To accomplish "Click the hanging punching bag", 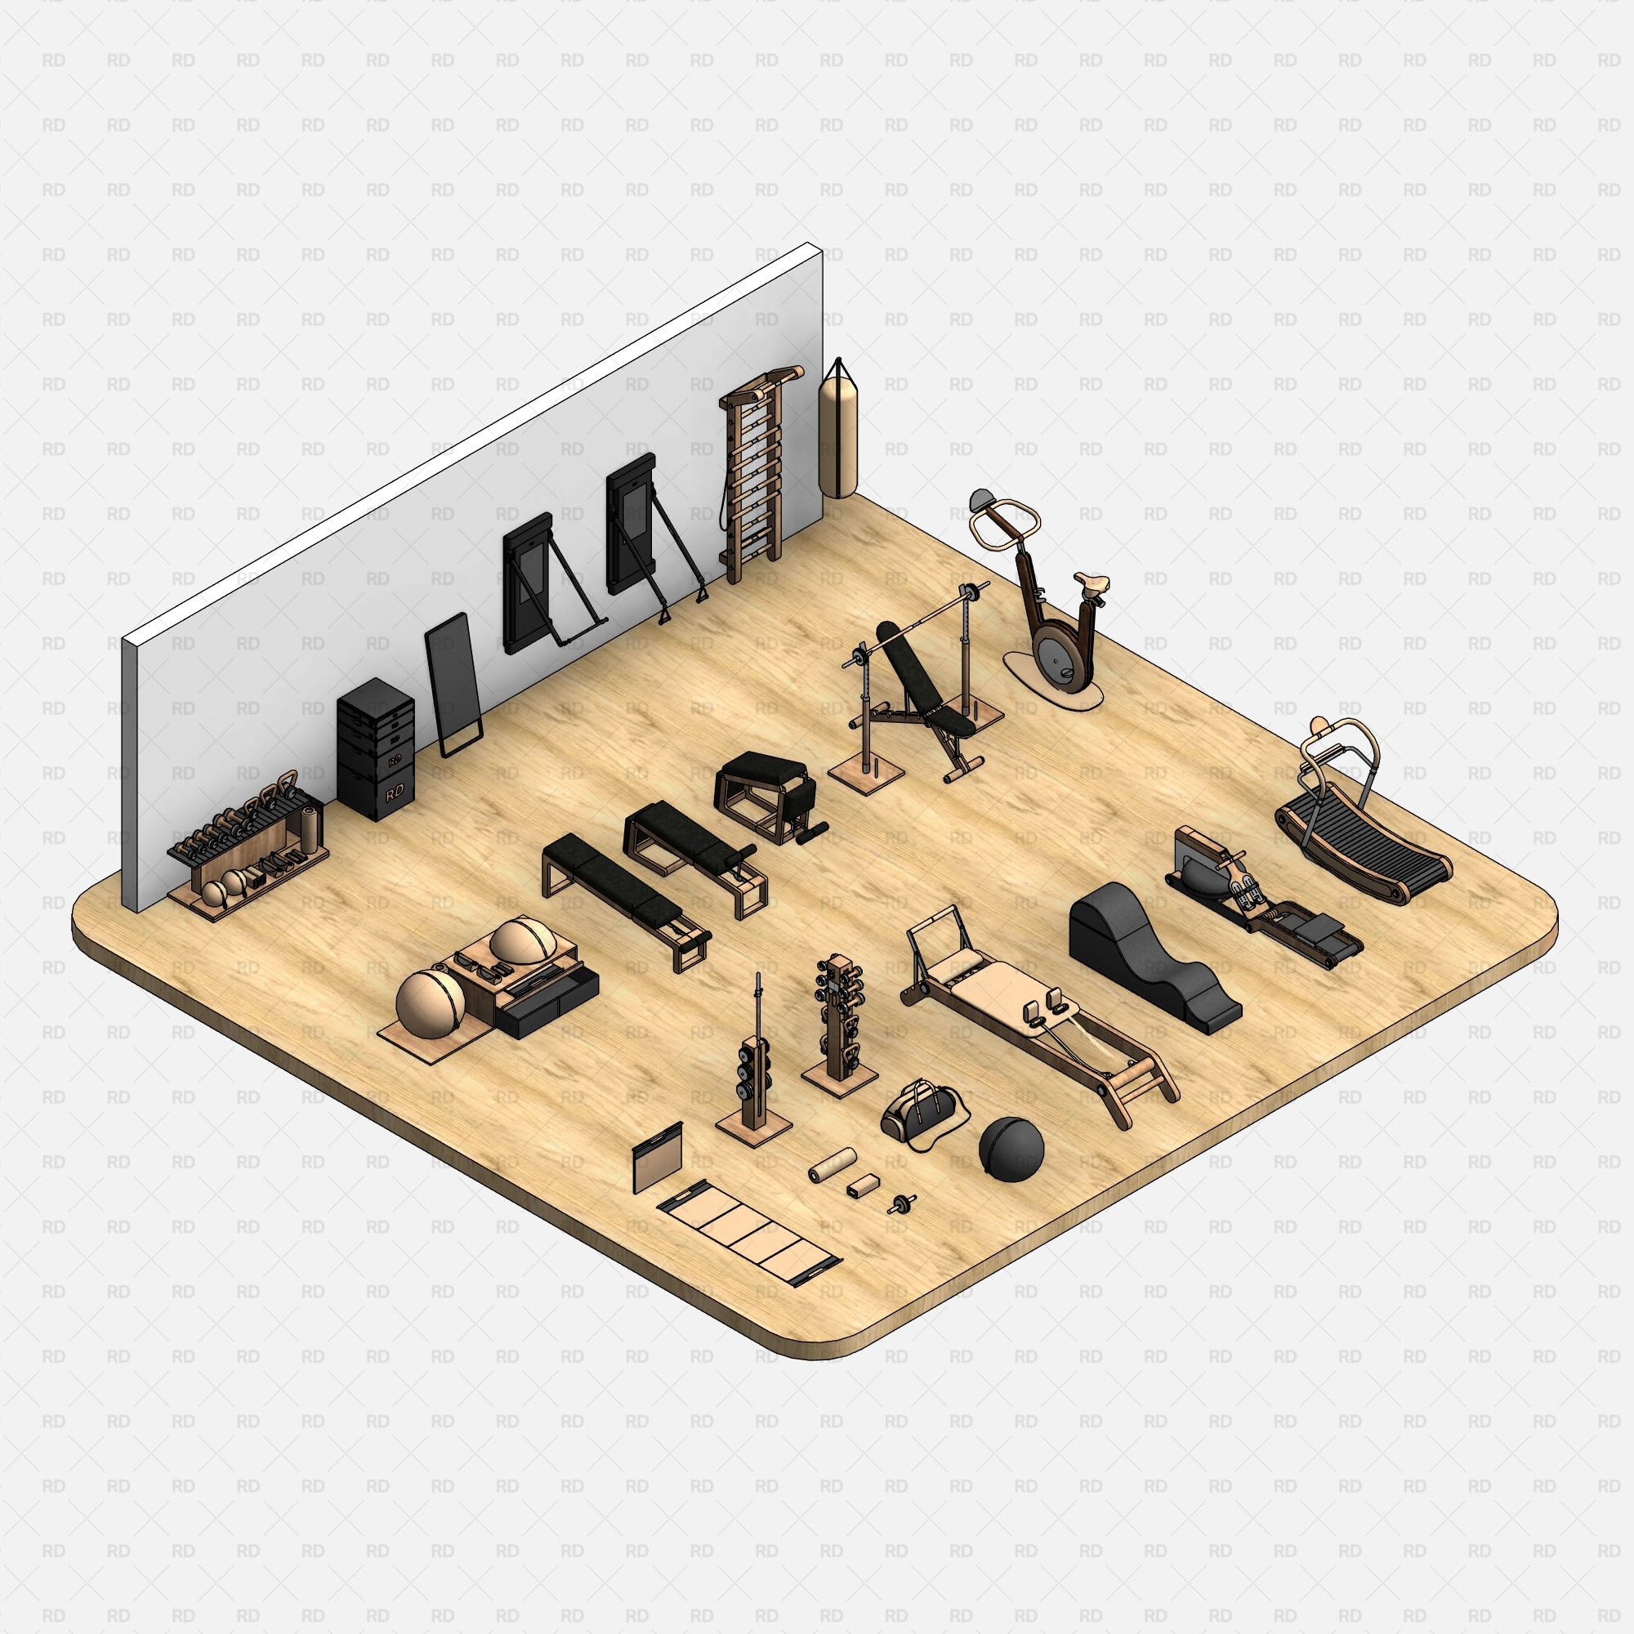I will [x=837, y=440].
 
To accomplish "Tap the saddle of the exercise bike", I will [x=1092, y=583].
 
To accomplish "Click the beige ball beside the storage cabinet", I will [x=429, y=1003].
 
